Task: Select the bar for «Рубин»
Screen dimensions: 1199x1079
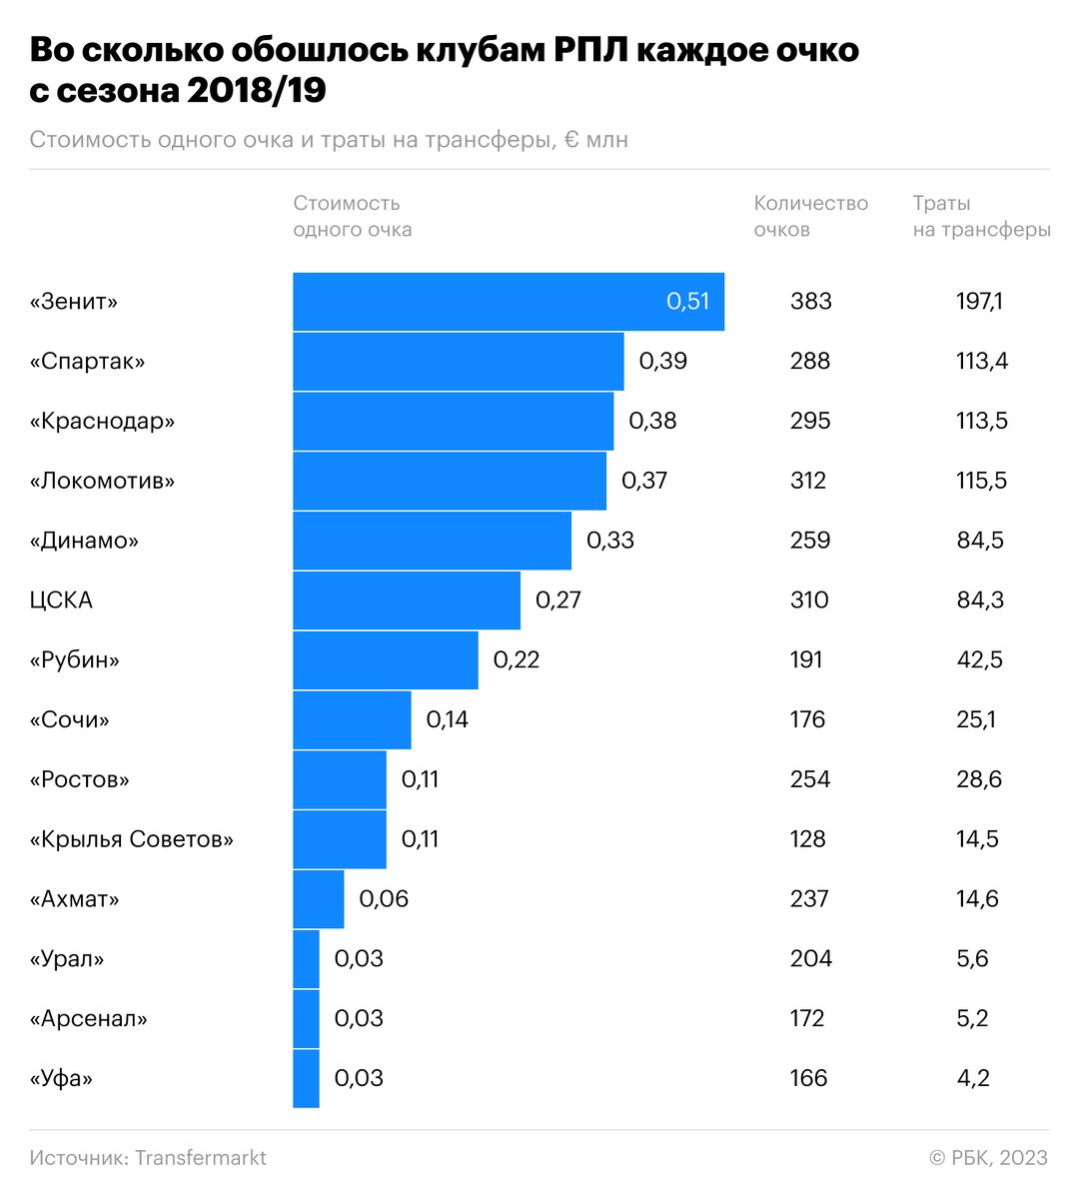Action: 385,659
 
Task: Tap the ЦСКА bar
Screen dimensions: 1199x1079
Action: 406,600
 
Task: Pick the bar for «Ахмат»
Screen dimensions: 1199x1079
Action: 318,899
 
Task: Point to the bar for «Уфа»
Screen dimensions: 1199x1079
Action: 306,1078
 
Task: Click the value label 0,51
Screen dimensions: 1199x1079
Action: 687,302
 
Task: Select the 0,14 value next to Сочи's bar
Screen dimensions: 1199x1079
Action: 447,719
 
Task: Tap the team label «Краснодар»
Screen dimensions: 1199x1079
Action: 102,421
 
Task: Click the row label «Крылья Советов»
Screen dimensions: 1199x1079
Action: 131,839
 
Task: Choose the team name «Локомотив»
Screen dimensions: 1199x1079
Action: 102,481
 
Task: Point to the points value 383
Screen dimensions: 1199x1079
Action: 810,302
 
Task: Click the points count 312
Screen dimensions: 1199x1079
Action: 808,481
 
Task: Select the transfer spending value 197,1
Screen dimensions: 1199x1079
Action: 979,302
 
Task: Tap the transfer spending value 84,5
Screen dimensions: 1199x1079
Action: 979,541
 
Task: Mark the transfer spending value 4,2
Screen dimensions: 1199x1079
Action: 972,1078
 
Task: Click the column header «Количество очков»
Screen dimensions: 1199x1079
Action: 810,216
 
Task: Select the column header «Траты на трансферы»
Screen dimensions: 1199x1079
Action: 981,216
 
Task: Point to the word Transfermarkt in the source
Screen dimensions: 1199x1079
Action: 201,1158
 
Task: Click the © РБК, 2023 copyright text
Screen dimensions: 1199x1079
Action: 988,1158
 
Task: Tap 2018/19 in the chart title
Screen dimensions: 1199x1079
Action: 256,90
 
